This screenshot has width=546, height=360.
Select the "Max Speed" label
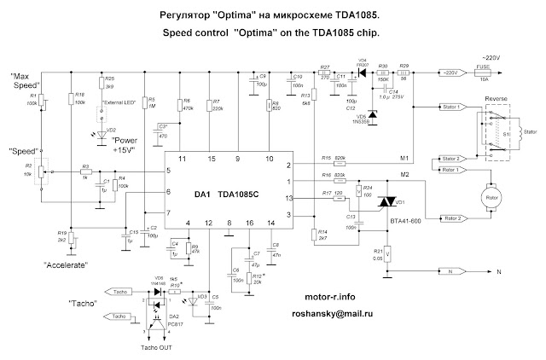(26, 81)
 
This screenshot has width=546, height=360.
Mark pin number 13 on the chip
(289, 199)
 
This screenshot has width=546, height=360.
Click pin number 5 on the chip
(170, 171)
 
